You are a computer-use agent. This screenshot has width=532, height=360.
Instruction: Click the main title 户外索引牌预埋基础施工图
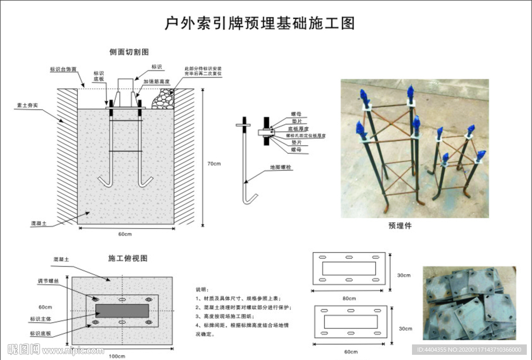click(259, 23)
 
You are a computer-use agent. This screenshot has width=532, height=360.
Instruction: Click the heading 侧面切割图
click(129, 52)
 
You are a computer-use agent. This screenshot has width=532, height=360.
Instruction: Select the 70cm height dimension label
click(214, 164)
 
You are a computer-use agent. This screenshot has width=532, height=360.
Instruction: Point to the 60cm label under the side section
click(125, 234)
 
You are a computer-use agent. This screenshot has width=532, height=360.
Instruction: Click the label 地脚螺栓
click(281, 168)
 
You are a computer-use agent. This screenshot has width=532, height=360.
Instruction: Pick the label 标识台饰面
click(63, 69)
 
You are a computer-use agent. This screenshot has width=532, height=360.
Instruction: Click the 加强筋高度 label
click(157, 81)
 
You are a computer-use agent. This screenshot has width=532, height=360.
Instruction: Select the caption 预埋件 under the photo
click(400, 225)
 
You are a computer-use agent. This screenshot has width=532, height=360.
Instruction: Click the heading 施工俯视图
click(128, 258)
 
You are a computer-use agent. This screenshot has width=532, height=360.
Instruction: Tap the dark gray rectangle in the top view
click(122, 310)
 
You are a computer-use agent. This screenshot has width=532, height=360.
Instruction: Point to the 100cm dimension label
click(117, 356)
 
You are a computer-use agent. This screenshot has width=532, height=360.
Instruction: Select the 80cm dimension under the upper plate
click(349, 298)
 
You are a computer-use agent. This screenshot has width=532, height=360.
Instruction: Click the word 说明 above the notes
click(201, 289)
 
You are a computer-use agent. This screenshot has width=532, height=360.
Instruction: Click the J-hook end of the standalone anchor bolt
click(250, 200)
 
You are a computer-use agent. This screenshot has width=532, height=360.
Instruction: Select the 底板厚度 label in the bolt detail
click(298, 128)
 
